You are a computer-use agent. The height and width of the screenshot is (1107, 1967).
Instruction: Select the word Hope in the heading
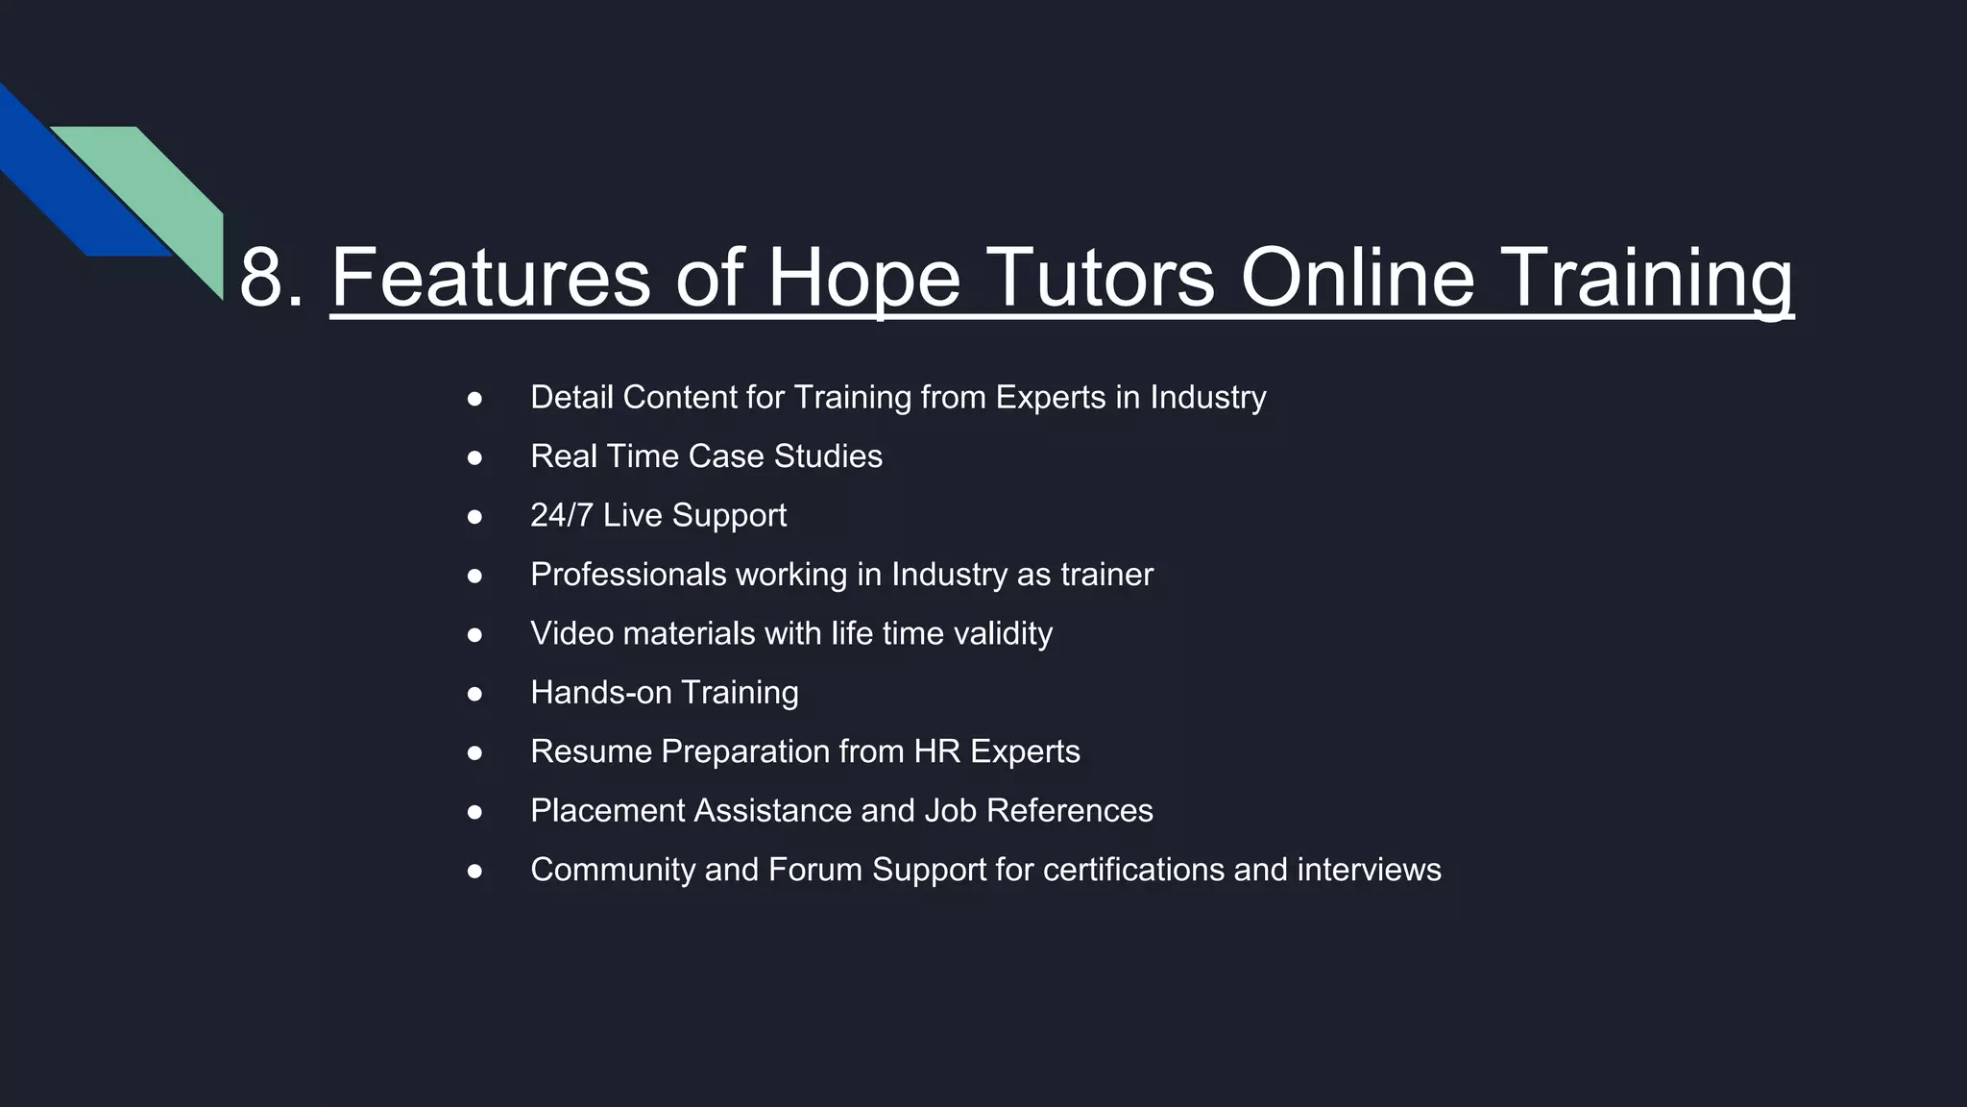coord(863,279)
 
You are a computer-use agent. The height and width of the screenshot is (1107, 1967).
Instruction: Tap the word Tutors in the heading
coord(1100,279)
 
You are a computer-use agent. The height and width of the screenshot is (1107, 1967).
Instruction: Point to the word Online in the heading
coord(1357,279)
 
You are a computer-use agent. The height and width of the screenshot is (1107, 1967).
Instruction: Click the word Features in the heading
coord(490,279)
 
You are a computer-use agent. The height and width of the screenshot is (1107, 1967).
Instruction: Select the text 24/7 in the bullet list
coord(561,515)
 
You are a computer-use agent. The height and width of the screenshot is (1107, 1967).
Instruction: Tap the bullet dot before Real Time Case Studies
coord(474,457)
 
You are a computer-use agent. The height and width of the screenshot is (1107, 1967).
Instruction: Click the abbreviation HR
coord(936,751)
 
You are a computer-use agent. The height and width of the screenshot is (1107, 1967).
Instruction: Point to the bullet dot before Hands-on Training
coord(474,693)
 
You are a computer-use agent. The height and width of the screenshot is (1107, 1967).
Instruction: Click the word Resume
coord(591,751)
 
